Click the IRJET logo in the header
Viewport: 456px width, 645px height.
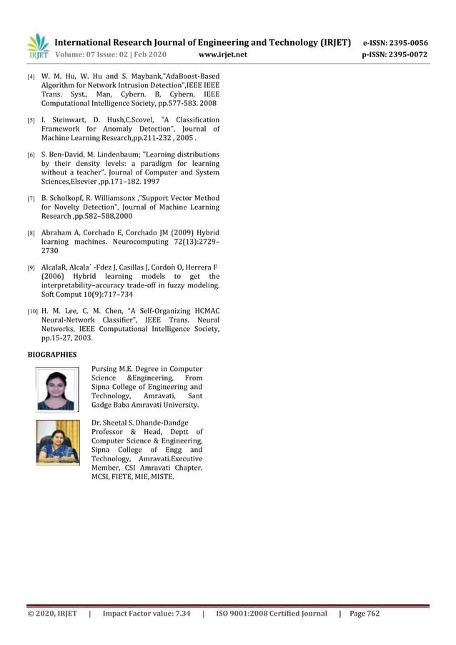tap(38, 46)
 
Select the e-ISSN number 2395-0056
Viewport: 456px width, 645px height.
tap(408, 42)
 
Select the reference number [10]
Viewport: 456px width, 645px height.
tap(32, 312)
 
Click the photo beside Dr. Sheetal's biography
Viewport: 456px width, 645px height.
tap(58, 443)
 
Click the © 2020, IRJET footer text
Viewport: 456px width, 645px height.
tap(51, 614)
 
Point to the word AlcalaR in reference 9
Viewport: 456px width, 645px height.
tap(57, 266)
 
